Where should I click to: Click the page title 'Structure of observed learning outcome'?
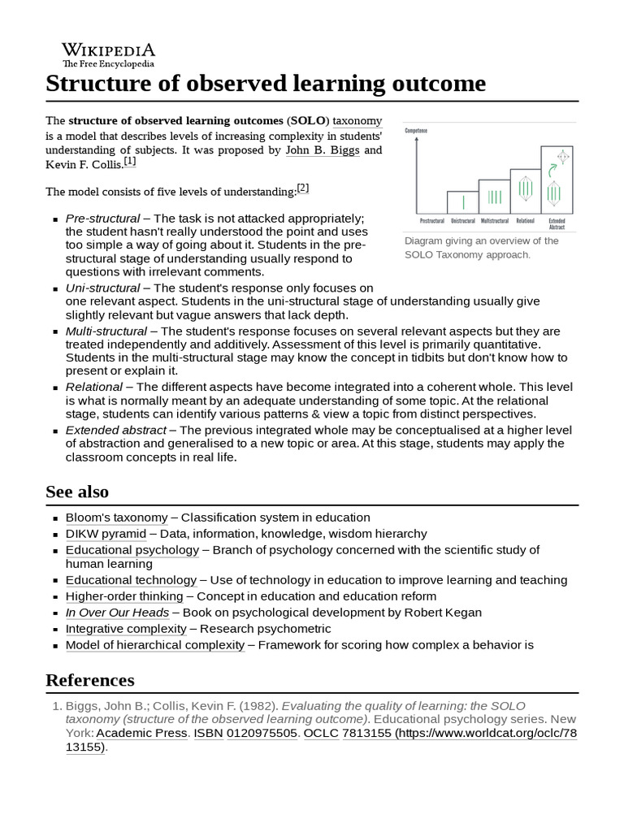[x=266, y=84]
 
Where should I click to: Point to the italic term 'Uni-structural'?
[x=102, y=288]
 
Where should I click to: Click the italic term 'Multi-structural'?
[x=106, y=331]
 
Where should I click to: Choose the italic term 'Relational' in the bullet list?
[x=94, y=387]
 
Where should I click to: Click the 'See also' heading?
[x=77, y=492]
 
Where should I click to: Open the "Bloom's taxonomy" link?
[x=116, y=518]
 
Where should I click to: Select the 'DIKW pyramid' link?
[x=106, y=534]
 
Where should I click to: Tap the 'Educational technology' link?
[x=131, y=580]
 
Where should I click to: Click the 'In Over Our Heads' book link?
[x=117, y=613]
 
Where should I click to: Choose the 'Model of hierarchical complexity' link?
[x=154, y=645]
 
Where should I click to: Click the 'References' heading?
[x=90, y=679]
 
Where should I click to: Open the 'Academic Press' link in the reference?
[x=142, y=733]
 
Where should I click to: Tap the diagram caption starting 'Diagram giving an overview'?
[x=482, y=248]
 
